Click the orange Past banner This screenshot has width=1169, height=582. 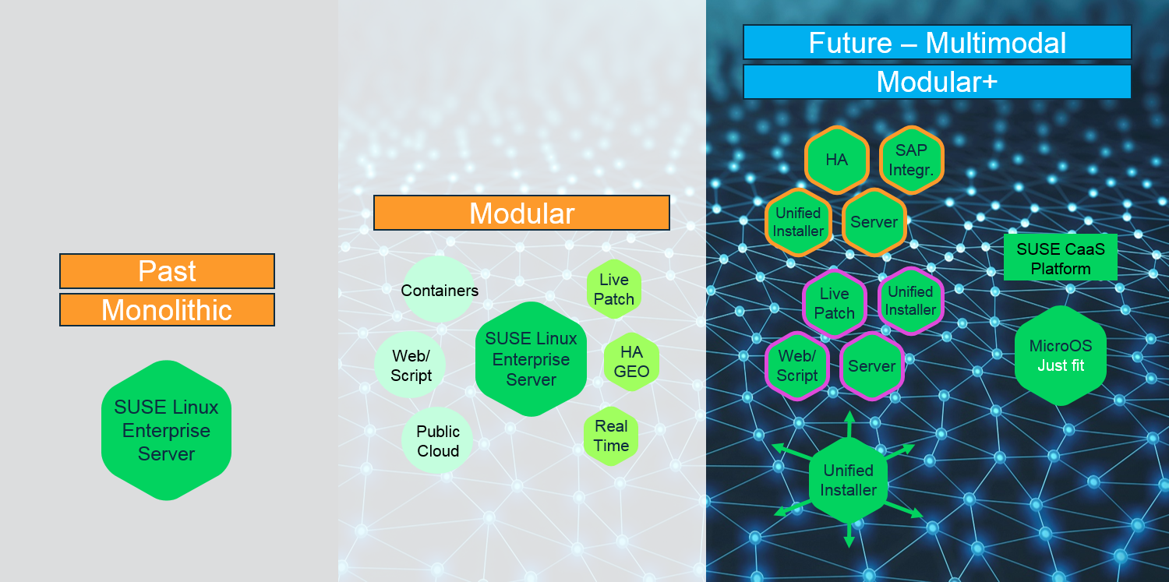167,271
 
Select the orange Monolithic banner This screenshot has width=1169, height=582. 167,310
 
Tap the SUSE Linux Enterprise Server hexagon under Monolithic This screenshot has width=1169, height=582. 167,430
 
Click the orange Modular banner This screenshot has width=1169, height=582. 522,213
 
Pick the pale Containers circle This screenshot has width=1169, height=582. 438,289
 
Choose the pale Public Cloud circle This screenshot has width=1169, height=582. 437,441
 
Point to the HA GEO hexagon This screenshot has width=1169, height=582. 631,362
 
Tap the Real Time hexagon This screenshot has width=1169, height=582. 611,436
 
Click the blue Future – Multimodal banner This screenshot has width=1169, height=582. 938,42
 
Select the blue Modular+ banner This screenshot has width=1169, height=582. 938,82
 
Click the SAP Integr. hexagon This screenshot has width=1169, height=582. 911,160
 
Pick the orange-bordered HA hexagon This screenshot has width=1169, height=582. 836,160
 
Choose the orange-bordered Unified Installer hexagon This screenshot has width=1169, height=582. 798,222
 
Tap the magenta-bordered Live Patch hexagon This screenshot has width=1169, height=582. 835,303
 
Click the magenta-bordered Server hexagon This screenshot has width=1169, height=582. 872,366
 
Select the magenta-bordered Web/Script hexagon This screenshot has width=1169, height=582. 797,366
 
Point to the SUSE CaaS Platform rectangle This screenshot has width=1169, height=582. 1061,258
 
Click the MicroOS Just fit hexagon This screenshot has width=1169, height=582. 1061,355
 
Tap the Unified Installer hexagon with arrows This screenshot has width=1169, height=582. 849,480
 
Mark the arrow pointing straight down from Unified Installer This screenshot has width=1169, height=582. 849,535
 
